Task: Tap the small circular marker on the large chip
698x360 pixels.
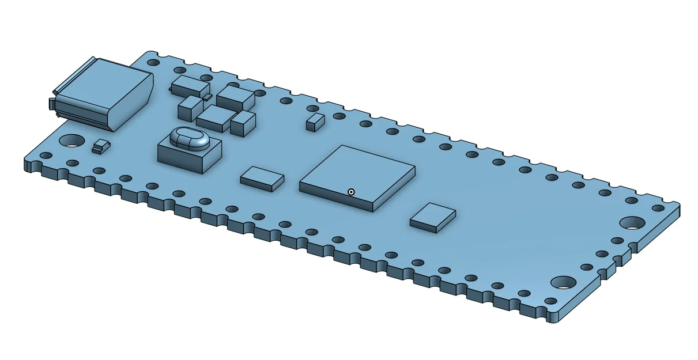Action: tap(351, 192)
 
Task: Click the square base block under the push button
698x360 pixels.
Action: tap(187, 157)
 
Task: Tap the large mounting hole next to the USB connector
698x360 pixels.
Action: tap(72, 140)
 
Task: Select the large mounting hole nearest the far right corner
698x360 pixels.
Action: tap(632, 222)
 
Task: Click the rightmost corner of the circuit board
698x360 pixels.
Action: tap(679, 205)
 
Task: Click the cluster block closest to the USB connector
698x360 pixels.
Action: tap(190, 85)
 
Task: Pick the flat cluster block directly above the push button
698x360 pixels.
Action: tap(215, 118)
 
